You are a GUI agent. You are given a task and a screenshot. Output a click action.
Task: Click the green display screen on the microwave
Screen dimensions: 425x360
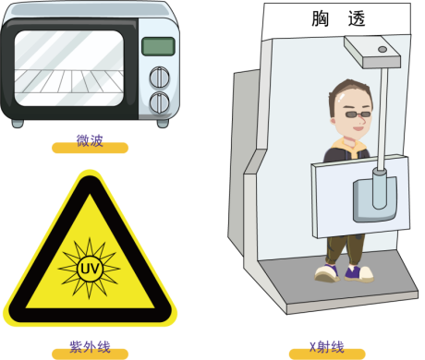pos(158,46)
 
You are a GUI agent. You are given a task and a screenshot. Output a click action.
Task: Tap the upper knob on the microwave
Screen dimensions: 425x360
pos(159,77)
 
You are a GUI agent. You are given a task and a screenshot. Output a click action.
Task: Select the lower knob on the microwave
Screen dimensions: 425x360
pos(159,102)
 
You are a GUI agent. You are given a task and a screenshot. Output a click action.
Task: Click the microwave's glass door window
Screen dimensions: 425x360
pos(68,68)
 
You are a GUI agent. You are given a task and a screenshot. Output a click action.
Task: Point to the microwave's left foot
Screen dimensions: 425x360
pos(18,124)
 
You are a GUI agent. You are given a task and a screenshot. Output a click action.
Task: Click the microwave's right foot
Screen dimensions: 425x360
pos(163,124)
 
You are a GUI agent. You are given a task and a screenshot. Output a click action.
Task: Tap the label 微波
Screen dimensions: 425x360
pos(90,140)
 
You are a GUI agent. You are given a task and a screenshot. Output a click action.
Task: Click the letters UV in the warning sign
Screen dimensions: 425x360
pos(90,269)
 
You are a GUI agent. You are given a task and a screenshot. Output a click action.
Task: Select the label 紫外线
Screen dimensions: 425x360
pos(90,347)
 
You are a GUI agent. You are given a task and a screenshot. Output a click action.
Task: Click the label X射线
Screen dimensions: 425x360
pos(327,347)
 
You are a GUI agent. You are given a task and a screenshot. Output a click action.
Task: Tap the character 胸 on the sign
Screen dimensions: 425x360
pos(321,18)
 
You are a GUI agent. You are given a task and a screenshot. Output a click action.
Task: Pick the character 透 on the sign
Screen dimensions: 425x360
pos(357,18)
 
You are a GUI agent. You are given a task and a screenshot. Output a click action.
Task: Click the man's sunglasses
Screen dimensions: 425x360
pos(358,114)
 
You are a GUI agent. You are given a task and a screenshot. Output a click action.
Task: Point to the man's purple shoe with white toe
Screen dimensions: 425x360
pos(358,274)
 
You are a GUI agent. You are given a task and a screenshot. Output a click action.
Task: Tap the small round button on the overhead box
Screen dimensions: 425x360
pos(382,49)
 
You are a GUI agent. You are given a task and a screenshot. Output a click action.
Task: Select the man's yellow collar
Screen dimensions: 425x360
pos(349,147)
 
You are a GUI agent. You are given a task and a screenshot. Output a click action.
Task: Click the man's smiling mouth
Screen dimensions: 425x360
pos(358,127)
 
